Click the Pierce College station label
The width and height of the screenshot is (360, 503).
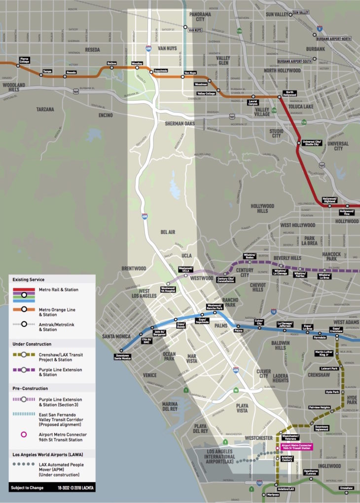tap(24, 60)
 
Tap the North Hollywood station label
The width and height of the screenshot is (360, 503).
tap(289, 93)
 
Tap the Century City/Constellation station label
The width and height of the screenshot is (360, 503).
tap(225, 280)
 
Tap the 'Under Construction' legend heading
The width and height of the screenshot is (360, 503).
tap(32, 344)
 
